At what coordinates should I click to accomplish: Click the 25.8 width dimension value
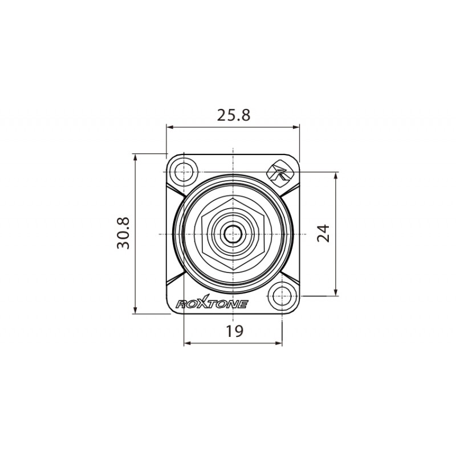tap(233, 115)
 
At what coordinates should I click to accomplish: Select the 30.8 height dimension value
tap(124, 233)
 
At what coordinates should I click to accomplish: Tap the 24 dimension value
tap(323, 233)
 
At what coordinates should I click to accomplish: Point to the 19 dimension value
tap(233, 331)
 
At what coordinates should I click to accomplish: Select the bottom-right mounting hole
tap(282, 296)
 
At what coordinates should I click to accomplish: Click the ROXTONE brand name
tap(211, 304)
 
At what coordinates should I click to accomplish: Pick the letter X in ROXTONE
tap(203, 303)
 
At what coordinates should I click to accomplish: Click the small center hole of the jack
tap(233, 234)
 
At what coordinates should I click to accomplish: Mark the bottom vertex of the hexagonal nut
tap(233, 269)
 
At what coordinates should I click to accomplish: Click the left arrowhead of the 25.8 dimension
tap(169, 127)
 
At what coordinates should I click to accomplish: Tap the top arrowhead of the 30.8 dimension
tap(135, 157)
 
